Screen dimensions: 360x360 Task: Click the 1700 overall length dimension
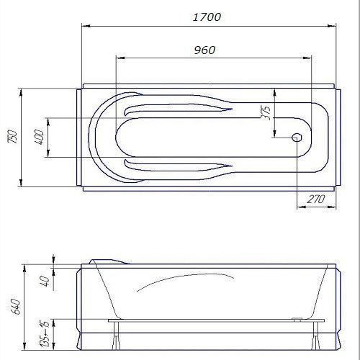[207, 17]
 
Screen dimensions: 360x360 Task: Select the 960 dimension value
[204, 50]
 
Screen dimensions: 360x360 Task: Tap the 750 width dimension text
[12, 137]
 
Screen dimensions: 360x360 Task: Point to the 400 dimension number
[39, 137]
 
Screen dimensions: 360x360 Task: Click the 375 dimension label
[266, 112]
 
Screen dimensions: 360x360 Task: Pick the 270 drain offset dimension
[316, 199]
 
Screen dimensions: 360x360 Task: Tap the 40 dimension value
[45, 281]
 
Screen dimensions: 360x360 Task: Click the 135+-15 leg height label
[45, 334]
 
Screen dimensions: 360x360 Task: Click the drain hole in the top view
[297, 138]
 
